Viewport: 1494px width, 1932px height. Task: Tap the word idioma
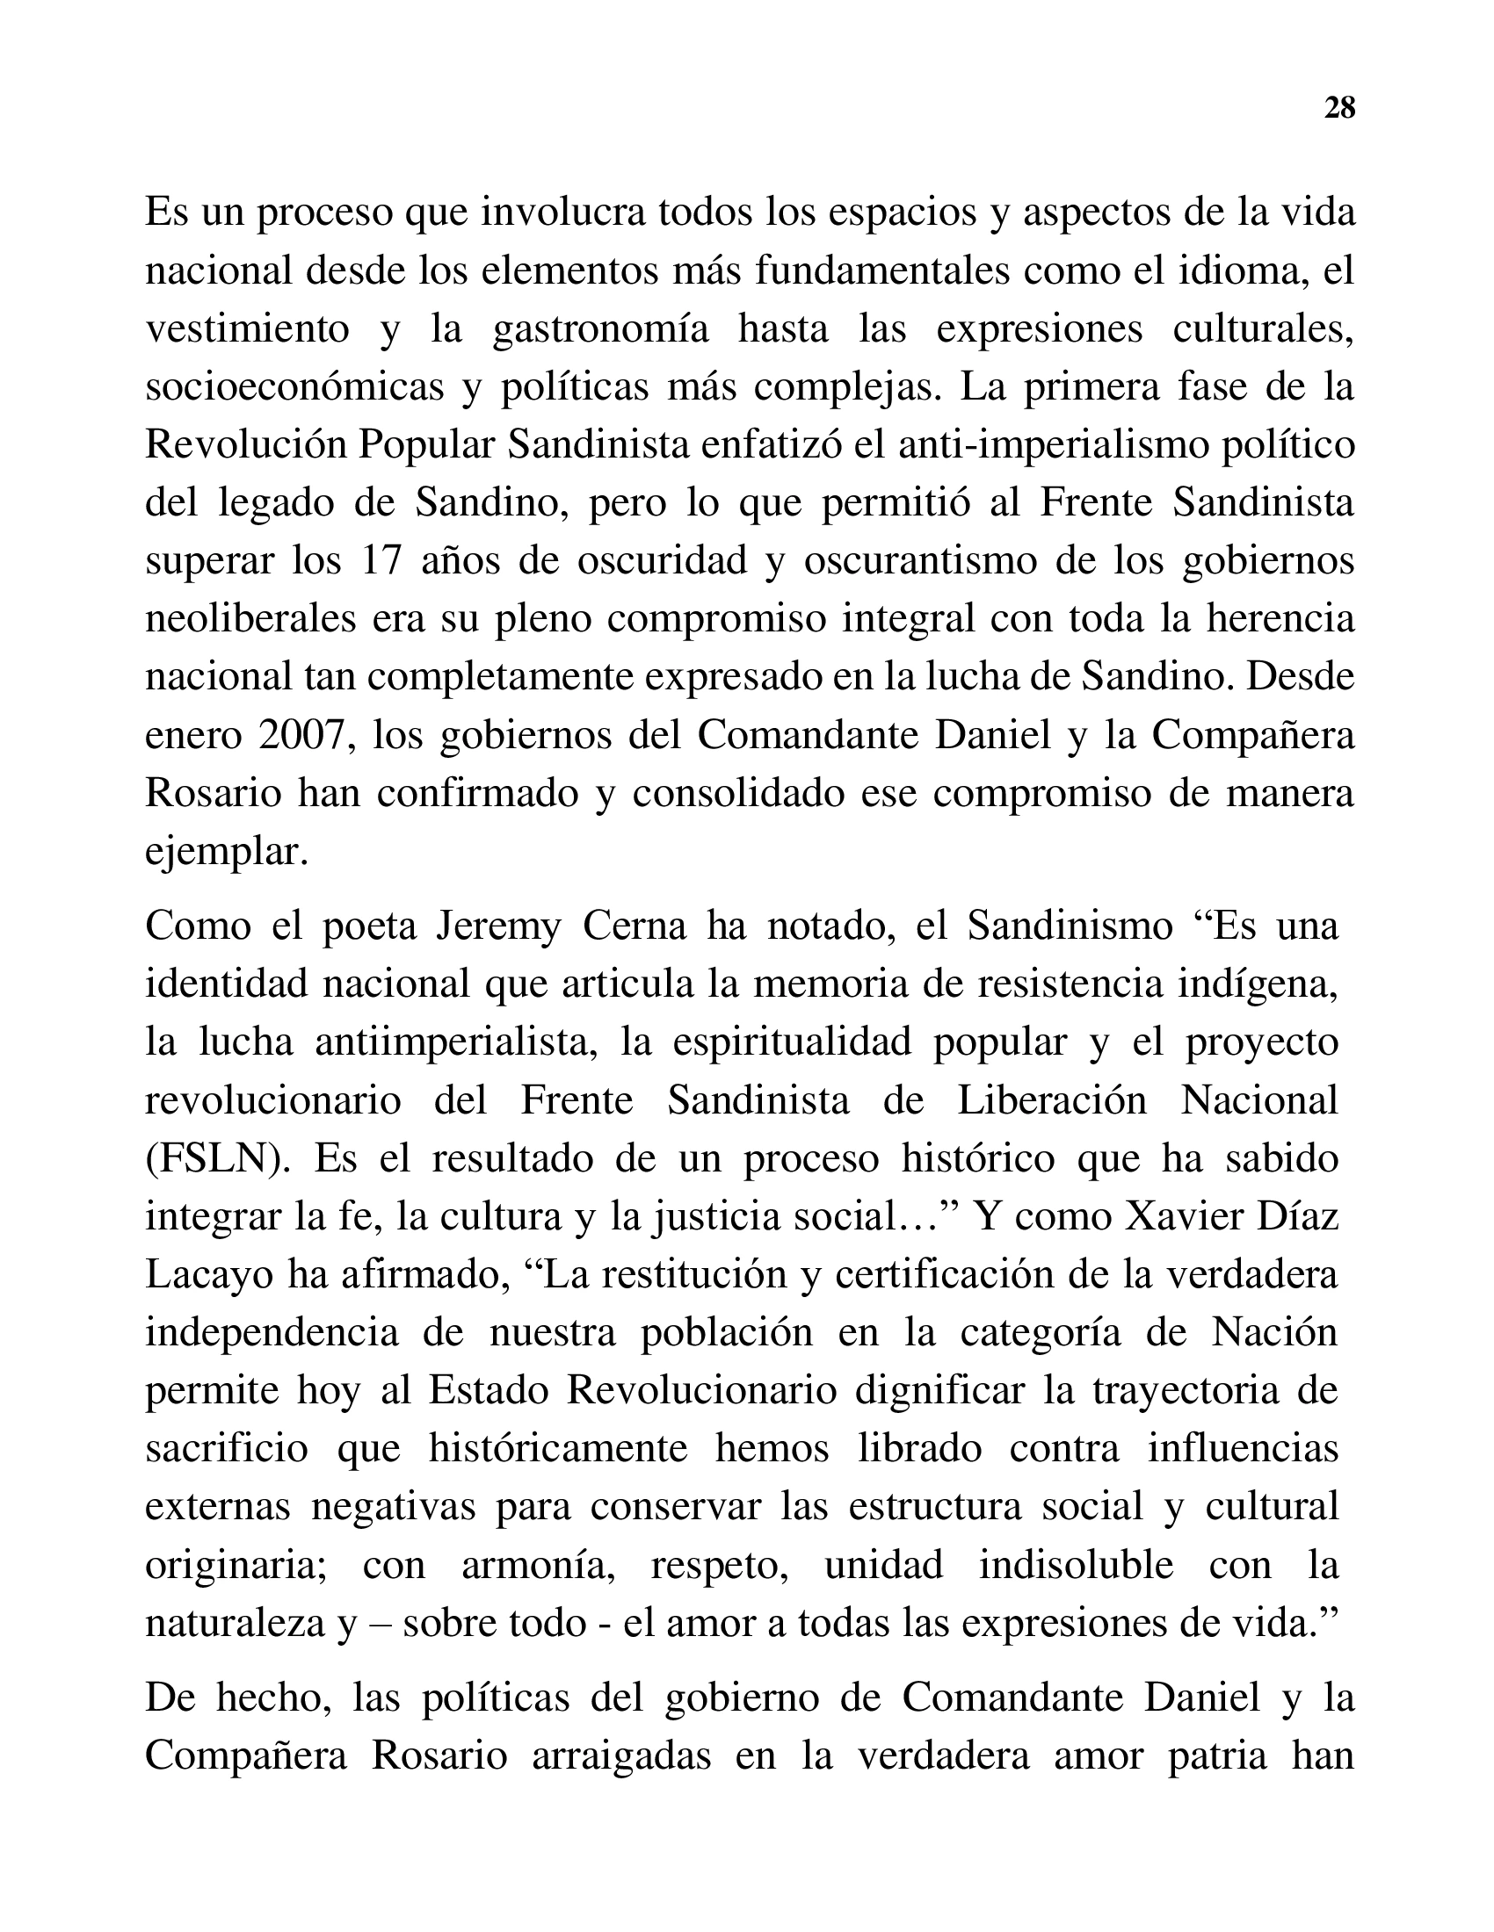[1242, 270]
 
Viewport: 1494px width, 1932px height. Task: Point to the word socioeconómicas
[294, 386]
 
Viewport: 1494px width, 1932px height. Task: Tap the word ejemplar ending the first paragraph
[227, 852]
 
